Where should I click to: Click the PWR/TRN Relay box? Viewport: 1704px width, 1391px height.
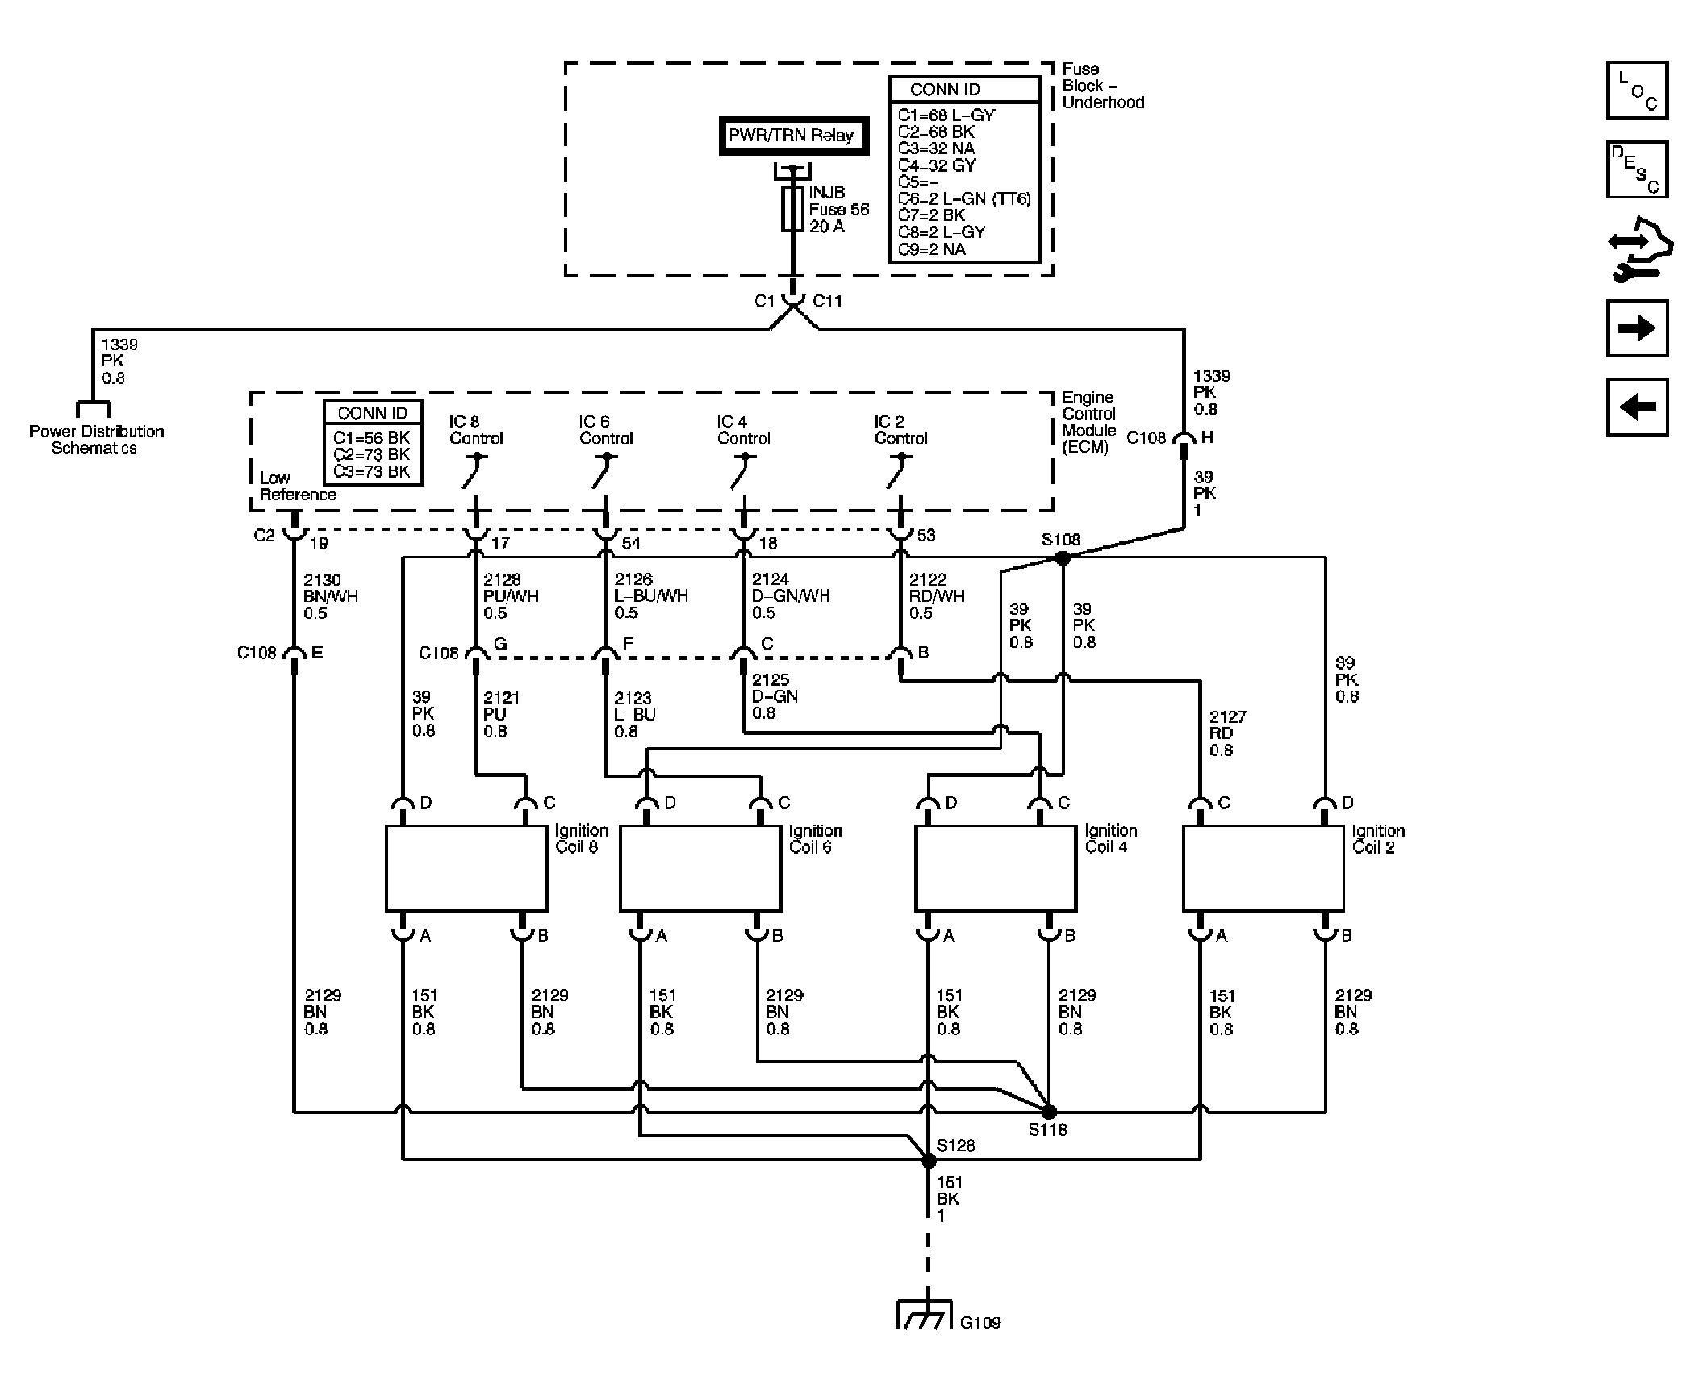792,136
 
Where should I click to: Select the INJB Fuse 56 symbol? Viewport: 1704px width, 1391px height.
792,209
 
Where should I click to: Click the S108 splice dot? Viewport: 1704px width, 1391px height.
1062,557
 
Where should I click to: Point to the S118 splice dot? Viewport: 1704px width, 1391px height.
1049,1112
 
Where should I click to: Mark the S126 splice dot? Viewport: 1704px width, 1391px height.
929,1160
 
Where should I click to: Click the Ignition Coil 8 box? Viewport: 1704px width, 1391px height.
466,868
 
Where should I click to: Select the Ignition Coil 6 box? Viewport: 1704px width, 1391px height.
700,868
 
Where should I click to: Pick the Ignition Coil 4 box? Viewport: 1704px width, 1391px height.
996,868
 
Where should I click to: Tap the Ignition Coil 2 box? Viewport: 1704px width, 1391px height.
1263,868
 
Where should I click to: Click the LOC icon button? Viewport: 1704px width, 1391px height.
1637,90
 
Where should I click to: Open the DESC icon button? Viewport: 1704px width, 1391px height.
1637,169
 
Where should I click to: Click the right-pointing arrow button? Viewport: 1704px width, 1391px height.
1637,328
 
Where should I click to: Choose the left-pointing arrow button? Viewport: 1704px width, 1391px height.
1637,407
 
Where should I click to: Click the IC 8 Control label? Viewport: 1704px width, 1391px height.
476,430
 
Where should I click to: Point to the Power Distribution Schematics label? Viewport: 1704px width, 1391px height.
96,440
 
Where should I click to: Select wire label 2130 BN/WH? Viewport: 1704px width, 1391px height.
331,596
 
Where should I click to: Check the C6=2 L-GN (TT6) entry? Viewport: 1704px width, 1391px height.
964,198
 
